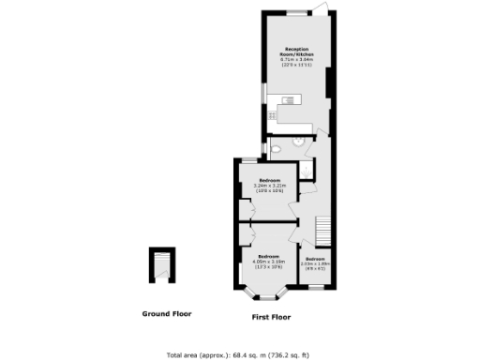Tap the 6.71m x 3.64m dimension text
pos(297,61)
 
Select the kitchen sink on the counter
pos(288,100)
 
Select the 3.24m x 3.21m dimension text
pos(269,186)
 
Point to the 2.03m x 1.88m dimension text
pos(314,263)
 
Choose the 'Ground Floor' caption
pos(167,313)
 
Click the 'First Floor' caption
pos(271,318)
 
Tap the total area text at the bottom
pos(240,355)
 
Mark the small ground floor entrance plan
pos(163,267)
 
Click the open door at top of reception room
pos(322,8)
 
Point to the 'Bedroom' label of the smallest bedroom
pos(314,258)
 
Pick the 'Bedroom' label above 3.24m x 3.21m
pos(269,179)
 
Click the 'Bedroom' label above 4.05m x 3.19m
pos(269,256)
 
